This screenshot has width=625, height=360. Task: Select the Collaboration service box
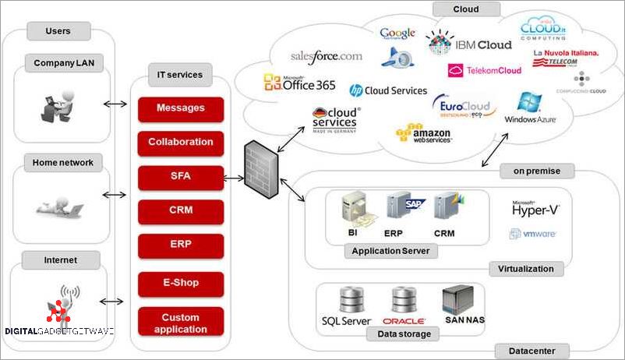(x=181, y=143)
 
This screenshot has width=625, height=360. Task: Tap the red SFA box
(x=181, y=177)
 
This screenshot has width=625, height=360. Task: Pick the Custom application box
(x=181, y=322)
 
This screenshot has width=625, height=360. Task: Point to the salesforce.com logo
(x=326, y=57)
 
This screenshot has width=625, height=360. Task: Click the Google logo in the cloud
(x=397, y=34)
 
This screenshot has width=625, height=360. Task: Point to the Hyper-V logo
(x=535, y=208)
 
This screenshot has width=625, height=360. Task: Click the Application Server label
(x=390, y=251)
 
